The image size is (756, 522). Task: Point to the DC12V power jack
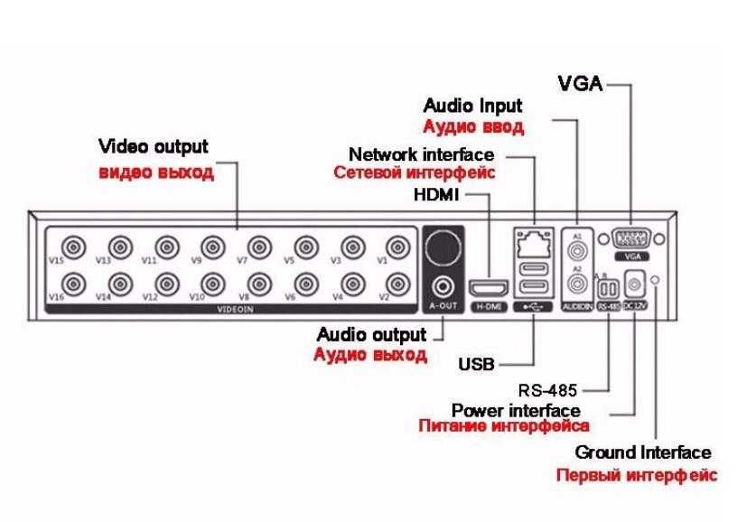tap(635, 284)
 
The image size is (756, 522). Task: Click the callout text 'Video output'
tap(153, 146)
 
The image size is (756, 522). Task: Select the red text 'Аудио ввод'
tap(473, 126)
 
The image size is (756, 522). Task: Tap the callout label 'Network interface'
tap(421, 154)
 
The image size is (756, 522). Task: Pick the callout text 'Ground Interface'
tap(643, 452)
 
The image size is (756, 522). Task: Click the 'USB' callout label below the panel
tap(476, 365)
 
